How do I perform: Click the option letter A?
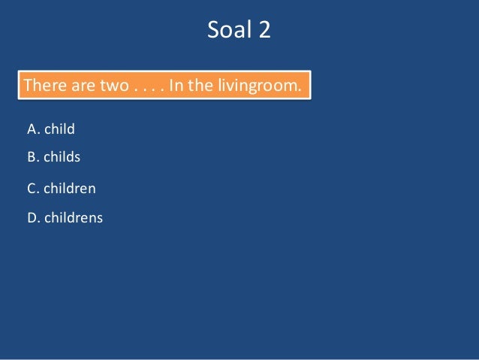pyautogui.click(x=32, y=129)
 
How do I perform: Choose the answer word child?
pyautogui.click(x=59, y=129)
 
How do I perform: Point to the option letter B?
pyautogui.click(x=32, y=157)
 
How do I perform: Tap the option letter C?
pyautogui.click(x=32, y=189)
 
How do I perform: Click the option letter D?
pyautogui.click(x=32, y=218)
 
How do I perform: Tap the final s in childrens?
pyautogui.click(x=100, y=219)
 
